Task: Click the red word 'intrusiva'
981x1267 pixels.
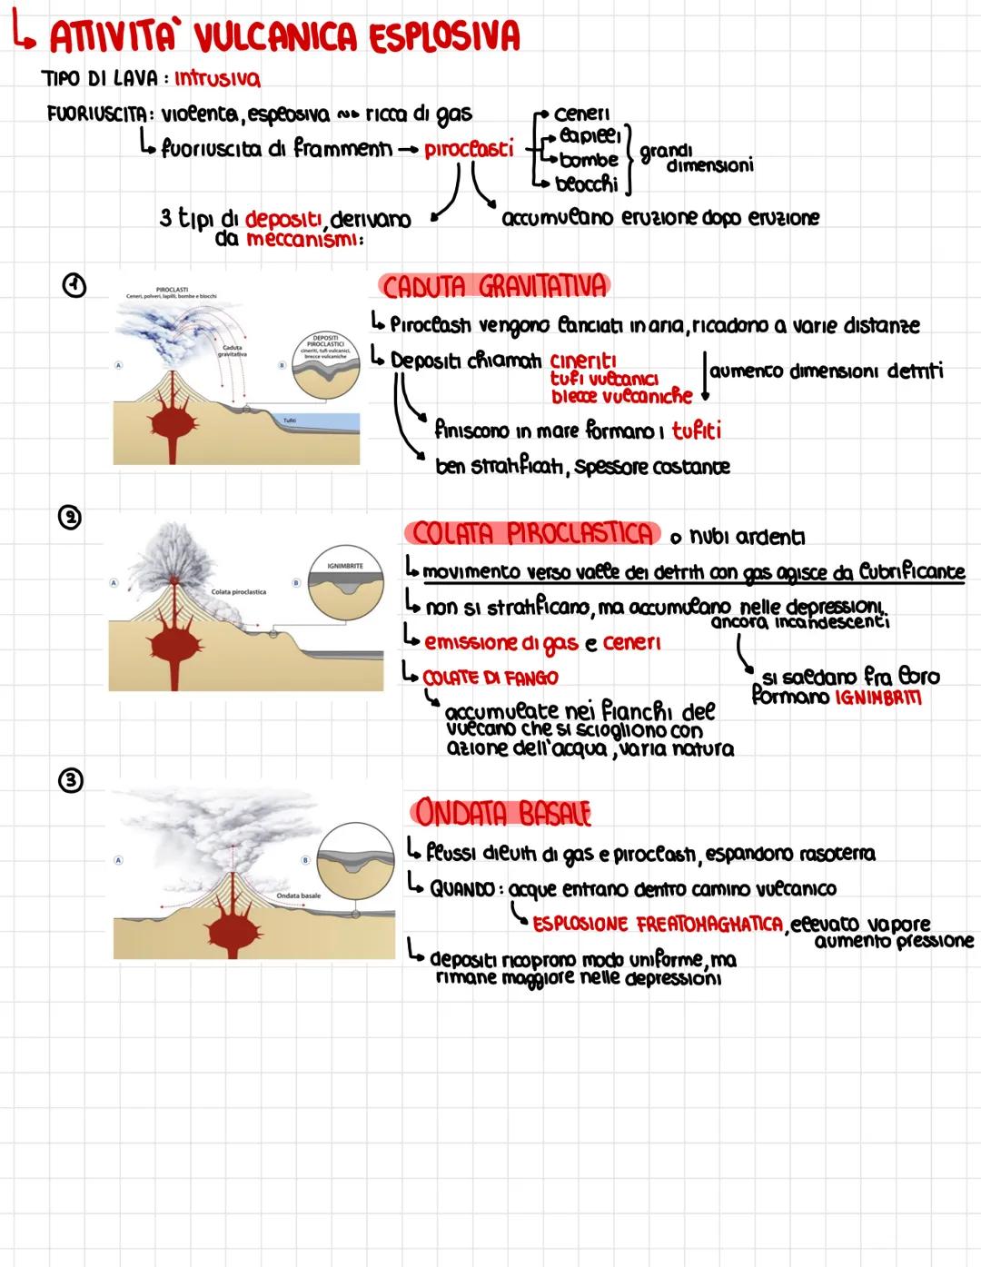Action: [217, 79]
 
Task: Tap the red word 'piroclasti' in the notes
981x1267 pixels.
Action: [468, 149]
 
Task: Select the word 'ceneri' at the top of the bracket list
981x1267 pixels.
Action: [581, 114]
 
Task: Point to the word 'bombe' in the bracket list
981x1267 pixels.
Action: [589, 160]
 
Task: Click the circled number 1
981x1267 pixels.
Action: [74, 286]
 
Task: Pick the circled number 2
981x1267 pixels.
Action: [70, 518]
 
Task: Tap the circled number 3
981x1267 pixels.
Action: [70, 780]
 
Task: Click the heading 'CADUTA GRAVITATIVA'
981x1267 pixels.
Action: [493, 287]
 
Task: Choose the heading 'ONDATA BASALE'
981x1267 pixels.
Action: [501, 811]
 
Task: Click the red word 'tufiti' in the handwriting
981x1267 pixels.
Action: [697, 431]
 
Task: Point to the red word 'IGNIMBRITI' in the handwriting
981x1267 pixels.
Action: [877, 698]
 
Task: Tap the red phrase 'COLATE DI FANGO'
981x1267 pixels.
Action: [490, 678]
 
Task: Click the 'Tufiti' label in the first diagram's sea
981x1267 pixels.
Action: [290, 421]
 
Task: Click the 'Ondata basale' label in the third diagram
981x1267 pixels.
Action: [298, 896]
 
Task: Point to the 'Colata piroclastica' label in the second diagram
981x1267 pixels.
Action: [238, 592]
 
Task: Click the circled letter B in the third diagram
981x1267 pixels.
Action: [306, 859]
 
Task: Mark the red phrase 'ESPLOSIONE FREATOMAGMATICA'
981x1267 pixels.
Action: [657, 925]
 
